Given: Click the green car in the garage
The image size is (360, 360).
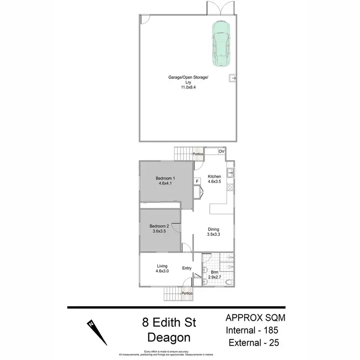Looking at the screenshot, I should coord(220,44).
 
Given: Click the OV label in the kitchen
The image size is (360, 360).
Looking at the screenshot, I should coord(221,152).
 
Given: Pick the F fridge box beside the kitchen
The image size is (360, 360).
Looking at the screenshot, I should coord(197,181).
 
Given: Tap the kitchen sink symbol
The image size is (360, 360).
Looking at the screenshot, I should coord(230,171).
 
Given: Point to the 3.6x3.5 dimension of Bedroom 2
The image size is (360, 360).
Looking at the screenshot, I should coord(158,231).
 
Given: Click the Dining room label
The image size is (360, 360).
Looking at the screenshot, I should coord(214,229).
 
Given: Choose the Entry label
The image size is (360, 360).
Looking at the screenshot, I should coord(187,268).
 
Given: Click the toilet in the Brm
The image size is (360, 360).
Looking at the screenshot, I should coord(229,282).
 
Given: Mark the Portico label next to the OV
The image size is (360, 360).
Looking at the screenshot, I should coord(197,154).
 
